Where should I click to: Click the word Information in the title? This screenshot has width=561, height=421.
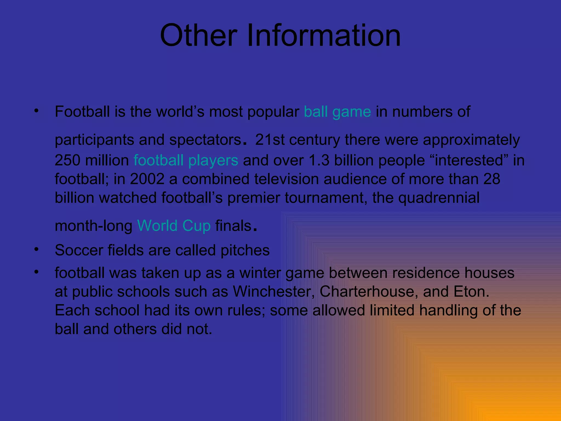(324, 36)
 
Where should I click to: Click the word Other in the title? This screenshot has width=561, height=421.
(199, 36)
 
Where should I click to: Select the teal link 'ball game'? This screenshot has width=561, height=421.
(337, 112)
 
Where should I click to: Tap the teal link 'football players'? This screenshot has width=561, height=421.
(186, 160)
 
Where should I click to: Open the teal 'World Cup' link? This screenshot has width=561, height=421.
(174, 226)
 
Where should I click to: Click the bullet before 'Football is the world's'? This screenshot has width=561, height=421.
(36, 111)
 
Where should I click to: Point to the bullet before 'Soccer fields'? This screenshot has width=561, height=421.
(36, 249)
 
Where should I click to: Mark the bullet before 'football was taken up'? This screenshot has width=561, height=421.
(36, 272)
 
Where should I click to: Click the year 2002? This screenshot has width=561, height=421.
(147, 179)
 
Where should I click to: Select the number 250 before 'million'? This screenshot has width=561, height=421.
(67, 160)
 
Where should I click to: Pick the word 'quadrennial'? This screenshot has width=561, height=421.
(439, 198)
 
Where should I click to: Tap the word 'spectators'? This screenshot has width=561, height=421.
(205, 140)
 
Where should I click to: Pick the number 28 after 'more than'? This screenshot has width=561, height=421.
(492, 179)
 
